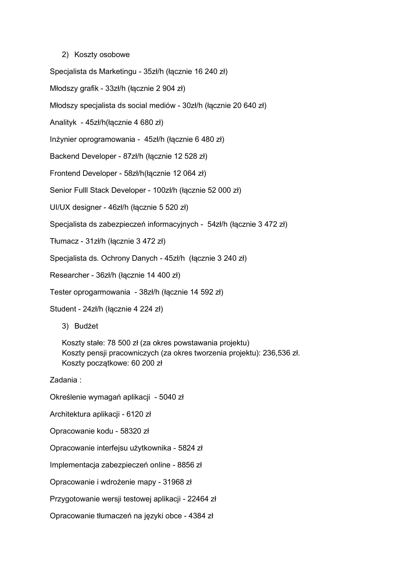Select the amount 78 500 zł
122,343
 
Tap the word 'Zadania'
63,380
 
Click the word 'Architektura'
70,414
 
